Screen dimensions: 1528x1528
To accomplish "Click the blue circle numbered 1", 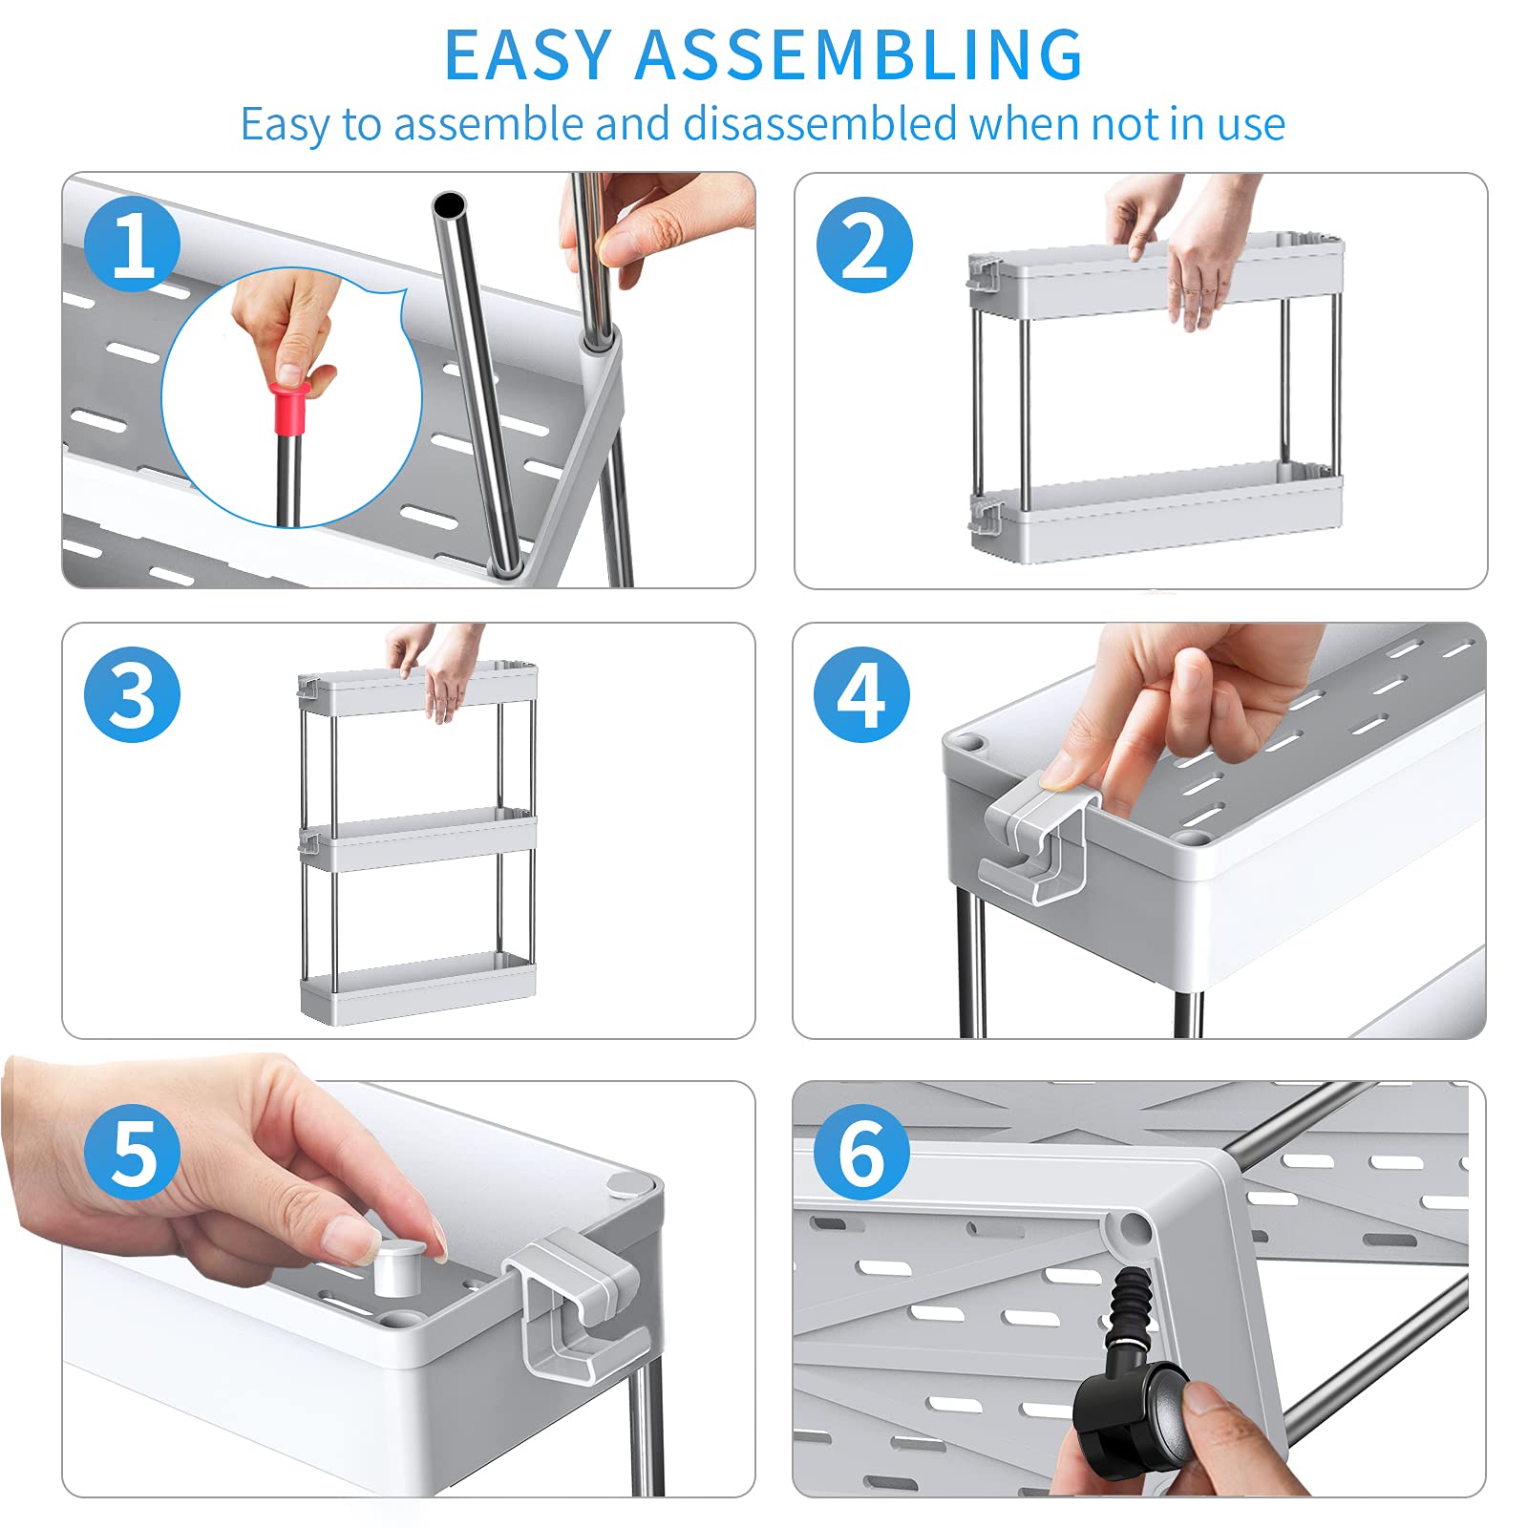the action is (x=132, y=244).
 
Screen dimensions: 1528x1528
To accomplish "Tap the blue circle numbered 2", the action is (x=864, y=244).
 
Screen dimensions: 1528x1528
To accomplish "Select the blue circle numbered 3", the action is (x=132, y=694).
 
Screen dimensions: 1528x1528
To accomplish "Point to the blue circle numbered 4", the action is (x=861, y=694).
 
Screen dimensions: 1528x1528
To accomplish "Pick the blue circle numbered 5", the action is (x=132, y=1152).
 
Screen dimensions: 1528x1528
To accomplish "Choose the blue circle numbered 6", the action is (x=861, y=1152).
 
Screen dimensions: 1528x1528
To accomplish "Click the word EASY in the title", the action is (x=528, y=54).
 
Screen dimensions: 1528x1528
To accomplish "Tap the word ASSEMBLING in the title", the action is (x=859, y=54).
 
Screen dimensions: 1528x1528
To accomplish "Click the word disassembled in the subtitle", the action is (x=820, y=124).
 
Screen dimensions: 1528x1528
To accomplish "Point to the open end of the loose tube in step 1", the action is (x=449, y=205).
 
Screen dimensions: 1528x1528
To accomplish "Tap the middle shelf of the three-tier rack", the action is (x=417, y=839).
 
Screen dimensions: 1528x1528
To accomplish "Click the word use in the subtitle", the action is (x=1251, y=125).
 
